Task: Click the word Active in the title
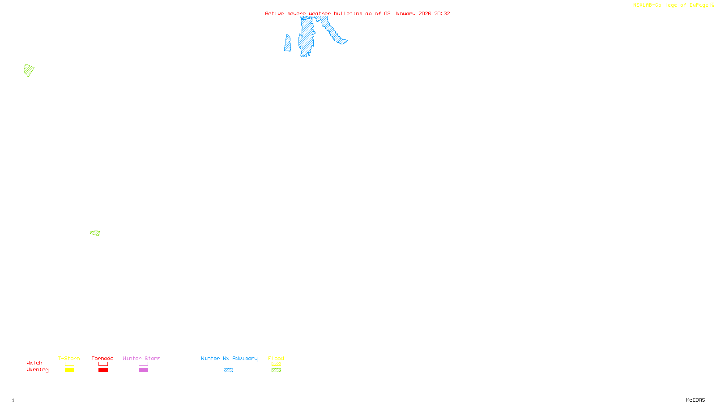274,13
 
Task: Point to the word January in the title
405,13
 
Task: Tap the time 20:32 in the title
442,13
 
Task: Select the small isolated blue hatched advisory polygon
287,44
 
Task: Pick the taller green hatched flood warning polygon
29,70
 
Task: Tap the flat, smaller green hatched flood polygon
95,233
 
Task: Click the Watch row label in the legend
34,363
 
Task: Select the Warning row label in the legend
37,370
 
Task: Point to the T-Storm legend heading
69,358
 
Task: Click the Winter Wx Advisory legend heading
229,358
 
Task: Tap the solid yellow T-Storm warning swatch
69,370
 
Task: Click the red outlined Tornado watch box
103,364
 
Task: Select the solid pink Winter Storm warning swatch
143,370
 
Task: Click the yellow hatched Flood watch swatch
276,364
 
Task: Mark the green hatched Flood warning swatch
276,370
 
